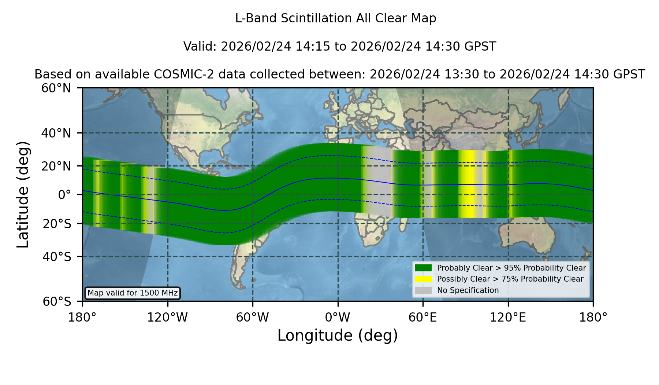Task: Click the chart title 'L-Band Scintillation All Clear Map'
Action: [x=335, y=18]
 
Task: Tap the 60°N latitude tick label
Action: [x=56, y=88]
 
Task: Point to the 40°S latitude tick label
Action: [x=57, y=257]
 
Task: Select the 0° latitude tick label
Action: [x=64, y=195]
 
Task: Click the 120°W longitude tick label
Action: [x=167, y=318]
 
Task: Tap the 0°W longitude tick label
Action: [x=338, y=318]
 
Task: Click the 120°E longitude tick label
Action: [x=508, y=318]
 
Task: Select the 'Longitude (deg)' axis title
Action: [x=338, y=335]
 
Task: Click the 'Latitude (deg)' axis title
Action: [x=23, y=194]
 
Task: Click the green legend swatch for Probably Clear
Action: [x=423, y=268]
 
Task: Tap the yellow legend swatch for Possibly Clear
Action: [x=423, y=279]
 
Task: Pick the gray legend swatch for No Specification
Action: [x=423, y=290]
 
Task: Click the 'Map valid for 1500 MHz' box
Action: [x=133, y=293]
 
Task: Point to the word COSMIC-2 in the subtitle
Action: [x=176, y=74]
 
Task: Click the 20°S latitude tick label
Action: [x=57, y=224]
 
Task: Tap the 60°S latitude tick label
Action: [x=57, y=301]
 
